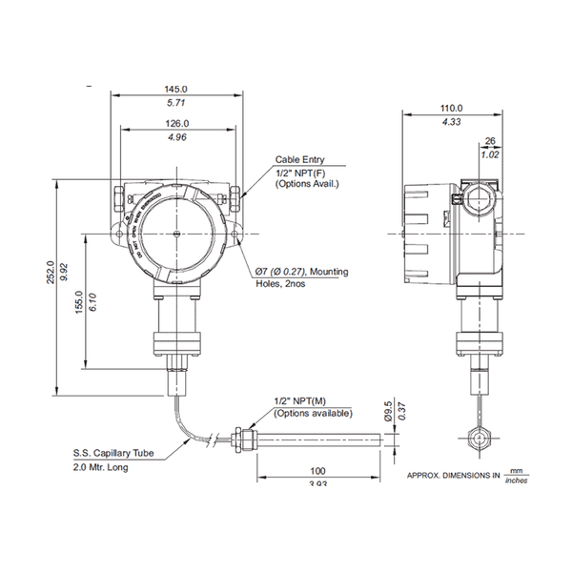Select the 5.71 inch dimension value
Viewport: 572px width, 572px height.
point(177,102)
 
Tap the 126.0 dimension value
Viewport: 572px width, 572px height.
point(177,124)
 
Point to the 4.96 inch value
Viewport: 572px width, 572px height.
point(177,138)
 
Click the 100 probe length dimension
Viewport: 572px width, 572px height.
point(318,471)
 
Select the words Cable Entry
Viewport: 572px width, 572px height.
point(298,160)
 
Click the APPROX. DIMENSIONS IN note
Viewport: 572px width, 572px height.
point(454,475)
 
